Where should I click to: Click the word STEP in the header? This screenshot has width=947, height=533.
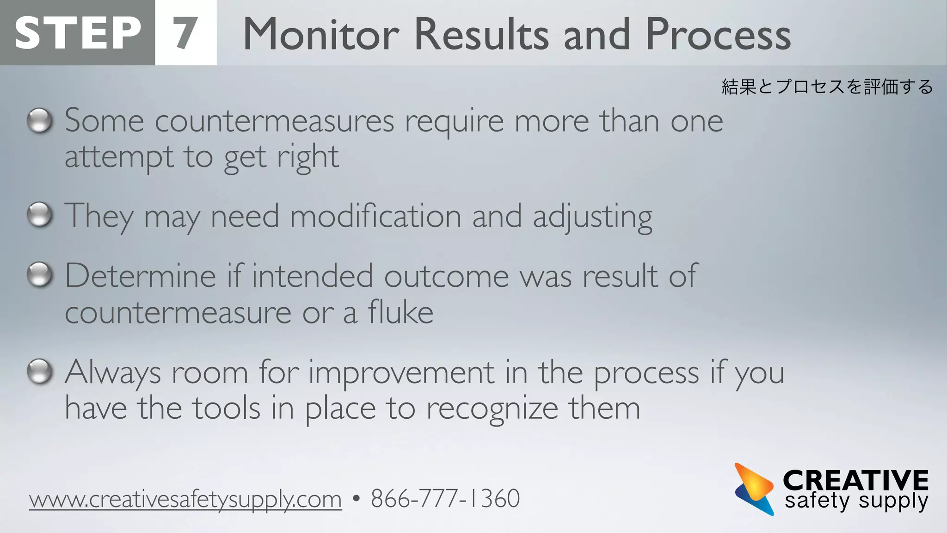click(78, 33)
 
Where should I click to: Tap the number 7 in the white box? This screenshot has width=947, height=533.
click(185, 33)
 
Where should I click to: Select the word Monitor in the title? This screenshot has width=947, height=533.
click(321, 34)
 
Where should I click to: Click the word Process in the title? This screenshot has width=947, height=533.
click(718, 34)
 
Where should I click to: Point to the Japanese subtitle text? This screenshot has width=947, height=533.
click(827, 87)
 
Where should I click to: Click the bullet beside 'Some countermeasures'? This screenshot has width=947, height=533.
click(40, 121)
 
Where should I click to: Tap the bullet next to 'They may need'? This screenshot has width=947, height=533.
click(40, 215)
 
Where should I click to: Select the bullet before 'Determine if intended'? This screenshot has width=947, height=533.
click(40, 275)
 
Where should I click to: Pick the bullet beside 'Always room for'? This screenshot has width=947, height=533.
click(40, 372)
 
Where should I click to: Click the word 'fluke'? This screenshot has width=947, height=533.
click(400, 312)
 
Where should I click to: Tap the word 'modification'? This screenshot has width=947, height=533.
click(375, 216)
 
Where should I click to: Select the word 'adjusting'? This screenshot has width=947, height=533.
click(592, 217)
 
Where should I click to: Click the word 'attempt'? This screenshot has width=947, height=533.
click(119, 158)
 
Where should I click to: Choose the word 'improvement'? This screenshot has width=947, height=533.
click(401, 373)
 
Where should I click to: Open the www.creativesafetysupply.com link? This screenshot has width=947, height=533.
click(185, 499)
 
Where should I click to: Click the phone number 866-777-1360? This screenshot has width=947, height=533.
click(445, 498)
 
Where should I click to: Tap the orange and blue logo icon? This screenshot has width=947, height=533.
click(754, 489)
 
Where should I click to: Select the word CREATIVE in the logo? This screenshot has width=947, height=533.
click(855, 480)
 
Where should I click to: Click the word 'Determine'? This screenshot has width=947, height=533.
click(140, 276)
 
